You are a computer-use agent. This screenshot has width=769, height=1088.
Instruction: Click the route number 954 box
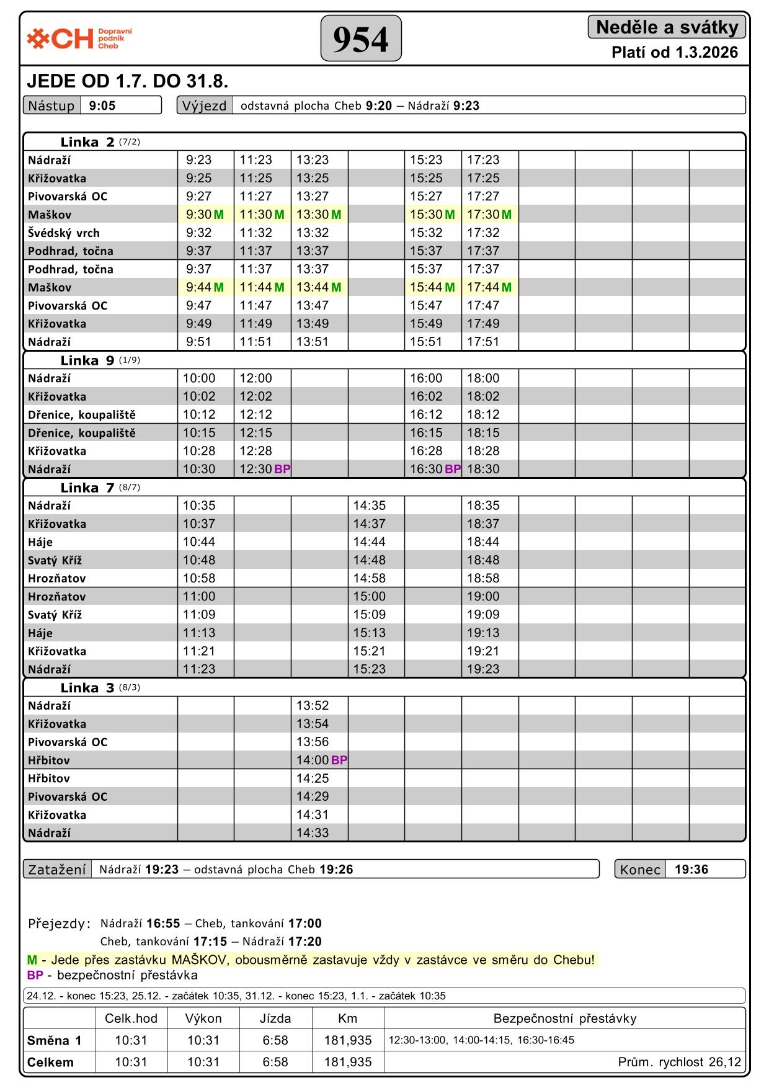[x=361, y=38]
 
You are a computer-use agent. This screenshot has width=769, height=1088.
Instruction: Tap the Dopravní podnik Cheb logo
[x=79, y=38]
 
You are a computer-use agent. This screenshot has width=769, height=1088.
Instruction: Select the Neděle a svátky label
[x=667, y=27]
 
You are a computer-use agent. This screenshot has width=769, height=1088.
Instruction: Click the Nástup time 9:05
[x=102, y=105]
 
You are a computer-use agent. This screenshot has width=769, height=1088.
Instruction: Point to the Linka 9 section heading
[x=87, y=360]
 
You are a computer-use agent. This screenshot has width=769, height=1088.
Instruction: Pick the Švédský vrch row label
[x=64, y=233]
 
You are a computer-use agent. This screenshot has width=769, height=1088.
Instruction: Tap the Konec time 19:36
[x=691, y=869]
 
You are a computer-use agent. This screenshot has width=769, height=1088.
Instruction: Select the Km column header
[x=347, y=1018]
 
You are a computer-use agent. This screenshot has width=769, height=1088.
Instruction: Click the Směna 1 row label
[x=55, y=1040]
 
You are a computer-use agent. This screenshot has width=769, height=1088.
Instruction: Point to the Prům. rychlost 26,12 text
[x=679, y=1062]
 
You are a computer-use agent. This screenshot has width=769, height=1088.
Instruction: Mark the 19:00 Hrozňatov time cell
[x=483, y=596]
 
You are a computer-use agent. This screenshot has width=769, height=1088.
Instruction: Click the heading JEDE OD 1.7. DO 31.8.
[x=128, y=81]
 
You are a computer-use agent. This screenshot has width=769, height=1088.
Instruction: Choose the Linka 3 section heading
[x=87, y=687]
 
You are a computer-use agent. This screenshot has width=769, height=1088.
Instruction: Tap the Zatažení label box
[x=57, y=869]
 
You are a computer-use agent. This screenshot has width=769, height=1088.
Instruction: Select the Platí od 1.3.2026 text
[x=675, y=52]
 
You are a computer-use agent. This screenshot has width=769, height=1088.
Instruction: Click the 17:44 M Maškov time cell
[x=489, y=287]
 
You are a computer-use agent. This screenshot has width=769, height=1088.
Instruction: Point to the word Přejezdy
[x=60, y=924]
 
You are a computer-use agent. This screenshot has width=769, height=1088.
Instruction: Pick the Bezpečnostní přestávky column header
[x=564, y=1018]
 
